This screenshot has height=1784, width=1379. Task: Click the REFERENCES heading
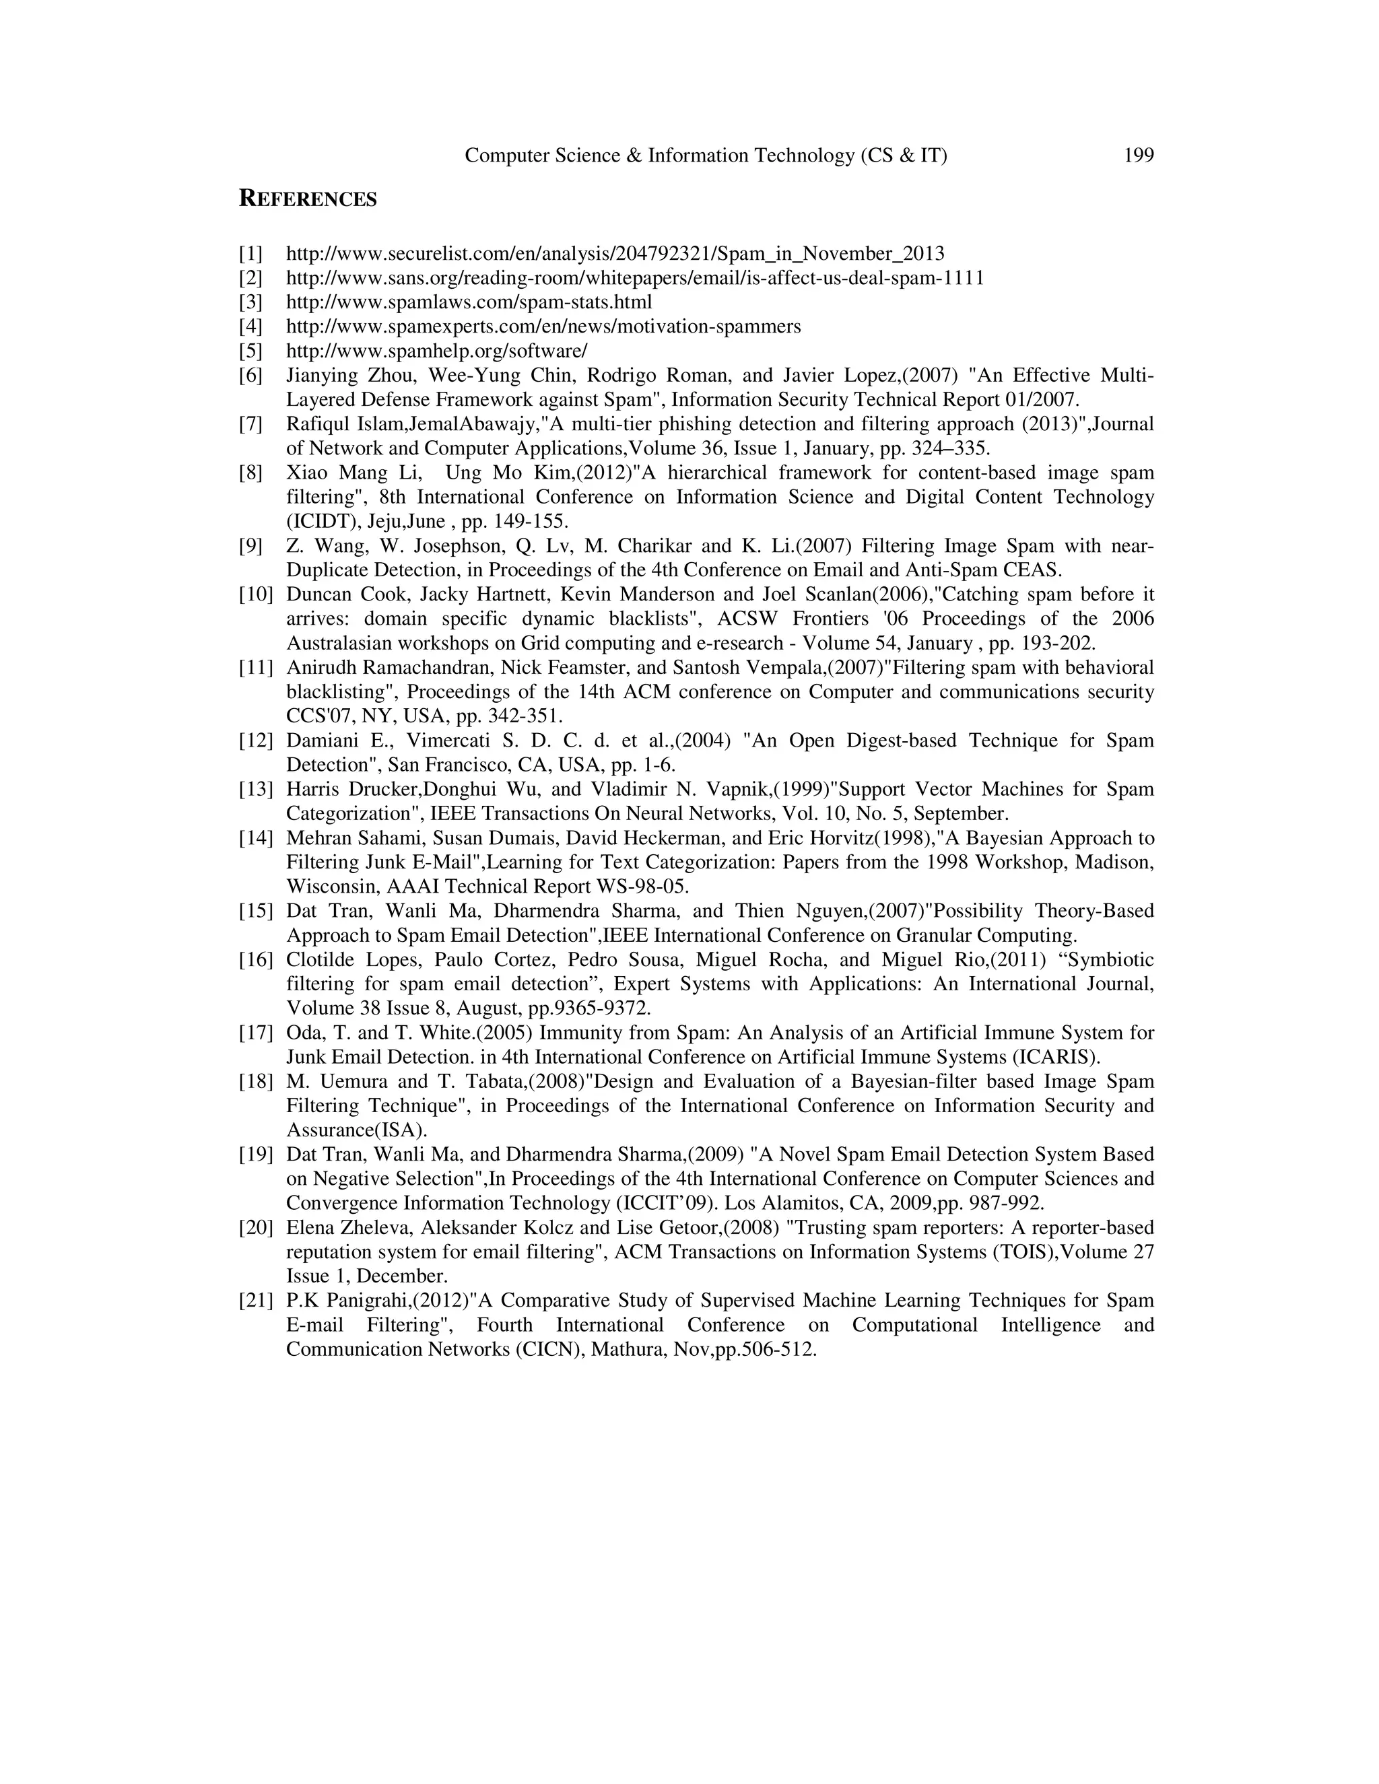point(307,199)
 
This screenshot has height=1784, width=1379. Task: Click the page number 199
point(1138,156)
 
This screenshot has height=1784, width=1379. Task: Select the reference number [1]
point(250,253)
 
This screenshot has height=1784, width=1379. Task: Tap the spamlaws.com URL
point(469,302)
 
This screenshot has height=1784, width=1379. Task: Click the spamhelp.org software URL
point(436,351)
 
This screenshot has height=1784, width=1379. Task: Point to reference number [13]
point(255,789)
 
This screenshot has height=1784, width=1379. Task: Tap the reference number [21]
point(255,1301)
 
